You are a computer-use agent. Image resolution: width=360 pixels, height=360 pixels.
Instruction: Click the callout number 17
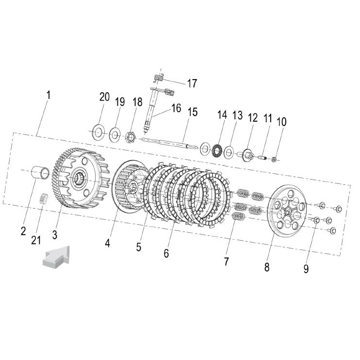[x=192, y=83]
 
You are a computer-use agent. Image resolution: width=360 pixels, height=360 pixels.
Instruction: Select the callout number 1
[x=49, y=95]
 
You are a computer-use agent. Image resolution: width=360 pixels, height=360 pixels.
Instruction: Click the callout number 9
[x=306, y=269]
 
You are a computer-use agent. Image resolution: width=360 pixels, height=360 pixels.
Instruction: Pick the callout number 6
[x=166, y=253]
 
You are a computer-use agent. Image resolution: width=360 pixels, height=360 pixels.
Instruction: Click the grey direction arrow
[x=56, y=257]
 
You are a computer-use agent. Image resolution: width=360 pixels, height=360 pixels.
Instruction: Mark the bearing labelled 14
[x=215, y=150]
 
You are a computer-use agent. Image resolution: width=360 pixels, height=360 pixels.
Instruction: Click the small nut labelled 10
[x=274, y=159]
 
